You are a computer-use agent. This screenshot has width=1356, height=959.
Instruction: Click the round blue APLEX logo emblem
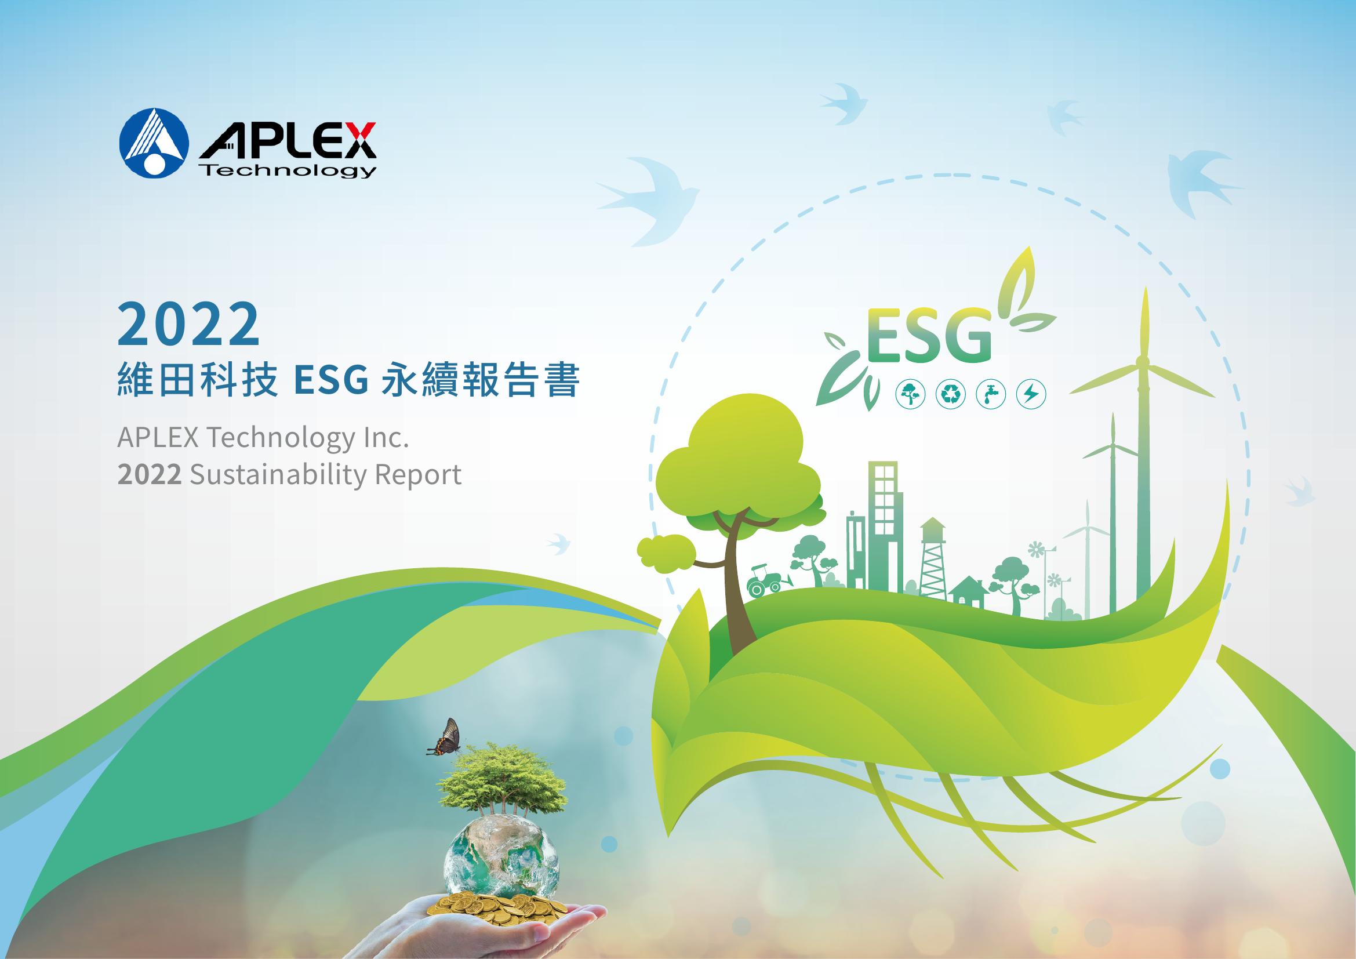[154, 143]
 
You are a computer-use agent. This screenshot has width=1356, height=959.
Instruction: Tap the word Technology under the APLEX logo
[289, 171]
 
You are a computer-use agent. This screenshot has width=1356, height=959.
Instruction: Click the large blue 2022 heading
[189, 324]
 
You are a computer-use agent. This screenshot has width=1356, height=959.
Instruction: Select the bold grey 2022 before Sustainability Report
[150, 475]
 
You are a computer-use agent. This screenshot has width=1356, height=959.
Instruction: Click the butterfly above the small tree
[444, 738]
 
